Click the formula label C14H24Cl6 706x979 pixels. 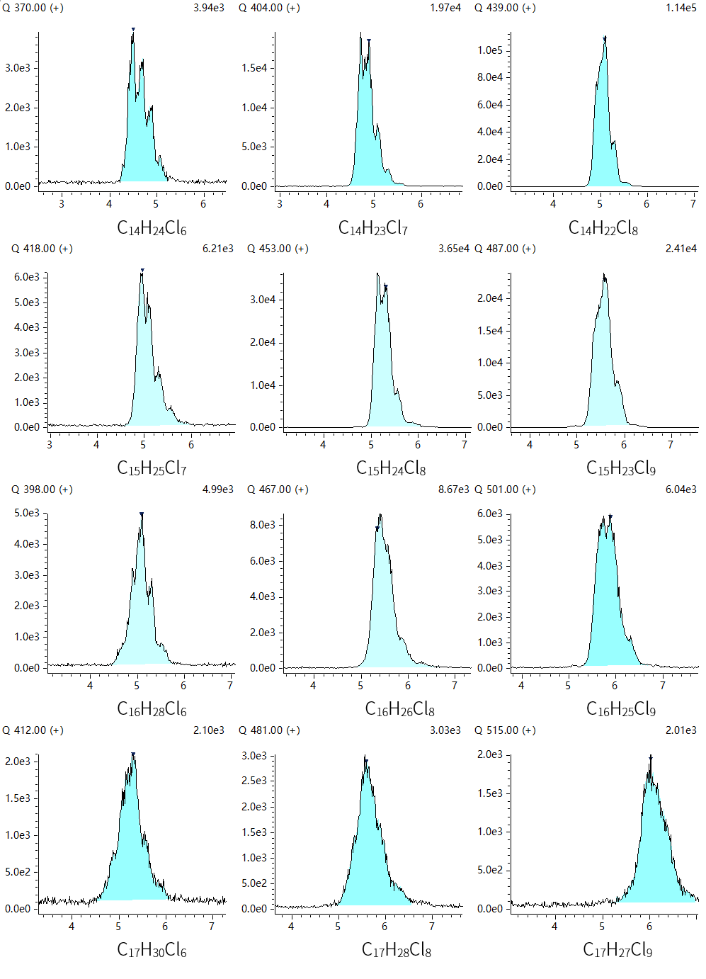(152, 228)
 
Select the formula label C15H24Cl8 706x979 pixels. (391, 468)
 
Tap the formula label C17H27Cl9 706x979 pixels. (617, 950)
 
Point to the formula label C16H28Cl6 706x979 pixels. (152, 709)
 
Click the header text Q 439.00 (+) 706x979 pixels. (505, 8)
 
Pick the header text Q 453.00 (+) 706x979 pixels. (278, 249)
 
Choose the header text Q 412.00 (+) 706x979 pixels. (33, 730)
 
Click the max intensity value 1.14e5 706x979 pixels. (681, 8)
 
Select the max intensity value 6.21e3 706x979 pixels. (217, 249)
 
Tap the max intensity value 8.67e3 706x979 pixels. (453, 489)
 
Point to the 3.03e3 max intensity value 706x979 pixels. (445, 730)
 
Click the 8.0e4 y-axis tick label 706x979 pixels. (489, 77)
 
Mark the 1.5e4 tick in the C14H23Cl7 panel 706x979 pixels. (254, 68)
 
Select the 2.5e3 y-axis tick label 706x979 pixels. (254, 781)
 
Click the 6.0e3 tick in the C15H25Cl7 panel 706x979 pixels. (27, 277)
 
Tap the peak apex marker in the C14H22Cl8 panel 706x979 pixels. (605, 39)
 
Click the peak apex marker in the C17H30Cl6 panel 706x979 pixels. (133, 754)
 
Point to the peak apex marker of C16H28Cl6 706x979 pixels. (142, 514)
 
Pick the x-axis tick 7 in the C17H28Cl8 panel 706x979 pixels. (431, 927)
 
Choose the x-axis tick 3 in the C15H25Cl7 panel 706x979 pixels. (50, 445)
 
